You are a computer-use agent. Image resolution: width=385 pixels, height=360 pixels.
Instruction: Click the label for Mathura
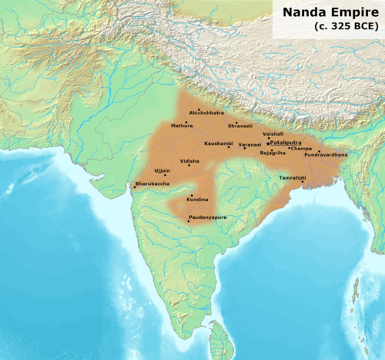(x=182, y=126)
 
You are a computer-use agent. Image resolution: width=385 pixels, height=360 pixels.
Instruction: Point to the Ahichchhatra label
(x=206, y=113)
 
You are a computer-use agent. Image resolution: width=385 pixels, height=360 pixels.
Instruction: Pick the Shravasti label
(x=240, y=126)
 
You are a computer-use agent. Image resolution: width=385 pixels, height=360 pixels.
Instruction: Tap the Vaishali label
(x=273, y=133)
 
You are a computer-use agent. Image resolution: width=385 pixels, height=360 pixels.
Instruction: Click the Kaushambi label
(x=218, y=143)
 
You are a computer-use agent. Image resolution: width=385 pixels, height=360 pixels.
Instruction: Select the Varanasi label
(x=249, y=143)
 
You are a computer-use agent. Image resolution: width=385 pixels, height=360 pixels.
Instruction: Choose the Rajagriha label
(x=273, y=153)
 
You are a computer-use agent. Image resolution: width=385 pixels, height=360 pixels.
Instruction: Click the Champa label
(x=302, y=147)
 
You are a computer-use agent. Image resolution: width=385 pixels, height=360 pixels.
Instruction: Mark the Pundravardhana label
(x=326, y=155)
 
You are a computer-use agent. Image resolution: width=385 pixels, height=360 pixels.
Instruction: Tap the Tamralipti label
(x=292, y=177)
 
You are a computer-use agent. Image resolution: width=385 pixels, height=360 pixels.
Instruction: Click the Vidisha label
(x=189, y=161)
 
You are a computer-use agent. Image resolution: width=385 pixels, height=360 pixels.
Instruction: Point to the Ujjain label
(x=162, y=170)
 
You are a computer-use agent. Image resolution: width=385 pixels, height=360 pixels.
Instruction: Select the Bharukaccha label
(x=150, y=183)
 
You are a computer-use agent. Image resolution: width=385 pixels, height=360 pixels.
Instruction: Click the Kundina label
(x=197, y=200)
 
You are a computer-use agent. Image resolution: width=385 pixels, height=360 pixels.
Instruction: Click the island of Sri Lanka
(x=221, y=337)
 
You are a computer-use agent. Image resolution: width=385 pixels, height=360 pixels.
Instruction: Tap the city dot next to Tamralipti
(x=303, y=182)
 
